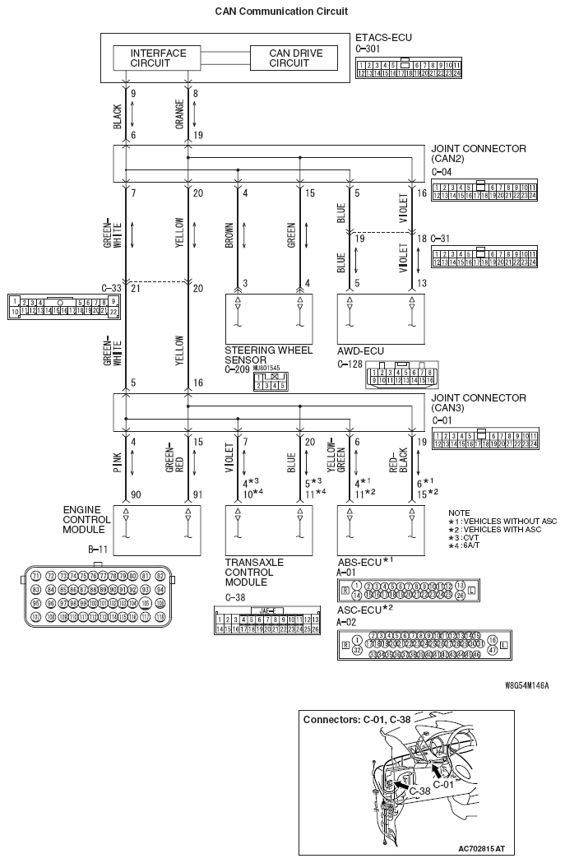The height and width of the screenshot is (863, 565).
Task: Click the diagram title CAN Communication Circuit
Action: click(x=281, y=12)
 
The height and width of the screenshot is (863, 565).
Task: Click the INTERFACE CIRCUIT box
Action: click(x=159, y=58)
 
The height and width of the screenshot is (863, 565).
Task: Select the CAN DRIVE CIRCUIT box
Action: click(x=296, y=58)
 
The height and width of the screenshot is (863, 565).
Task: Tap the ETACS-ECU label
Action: click(x=383, y=38)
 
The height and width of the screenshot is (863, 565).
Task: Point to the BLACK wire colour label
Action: click(x=118, y=116)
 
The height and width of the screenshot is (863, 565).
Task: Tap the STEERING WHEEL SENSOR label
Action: click(x=257, y=355)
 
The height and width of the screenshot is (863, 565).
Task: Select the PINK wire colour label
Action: click(x=118, y=464)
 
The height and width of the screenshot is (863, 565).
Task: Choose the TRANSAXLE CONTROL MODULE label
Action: click(x=254, y=572)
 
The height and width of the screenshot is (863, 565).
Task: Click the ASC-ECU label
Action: click(x=364, y=610)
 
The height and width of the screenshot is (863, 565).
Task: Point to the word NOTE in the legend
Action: click(x=460, y=513)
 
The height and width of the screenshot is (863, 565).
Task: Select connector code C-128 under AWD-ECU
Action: click(x=350, y=363)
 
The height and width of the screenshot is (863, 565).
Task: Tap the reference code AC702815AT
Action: click(x=482, y=847)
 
